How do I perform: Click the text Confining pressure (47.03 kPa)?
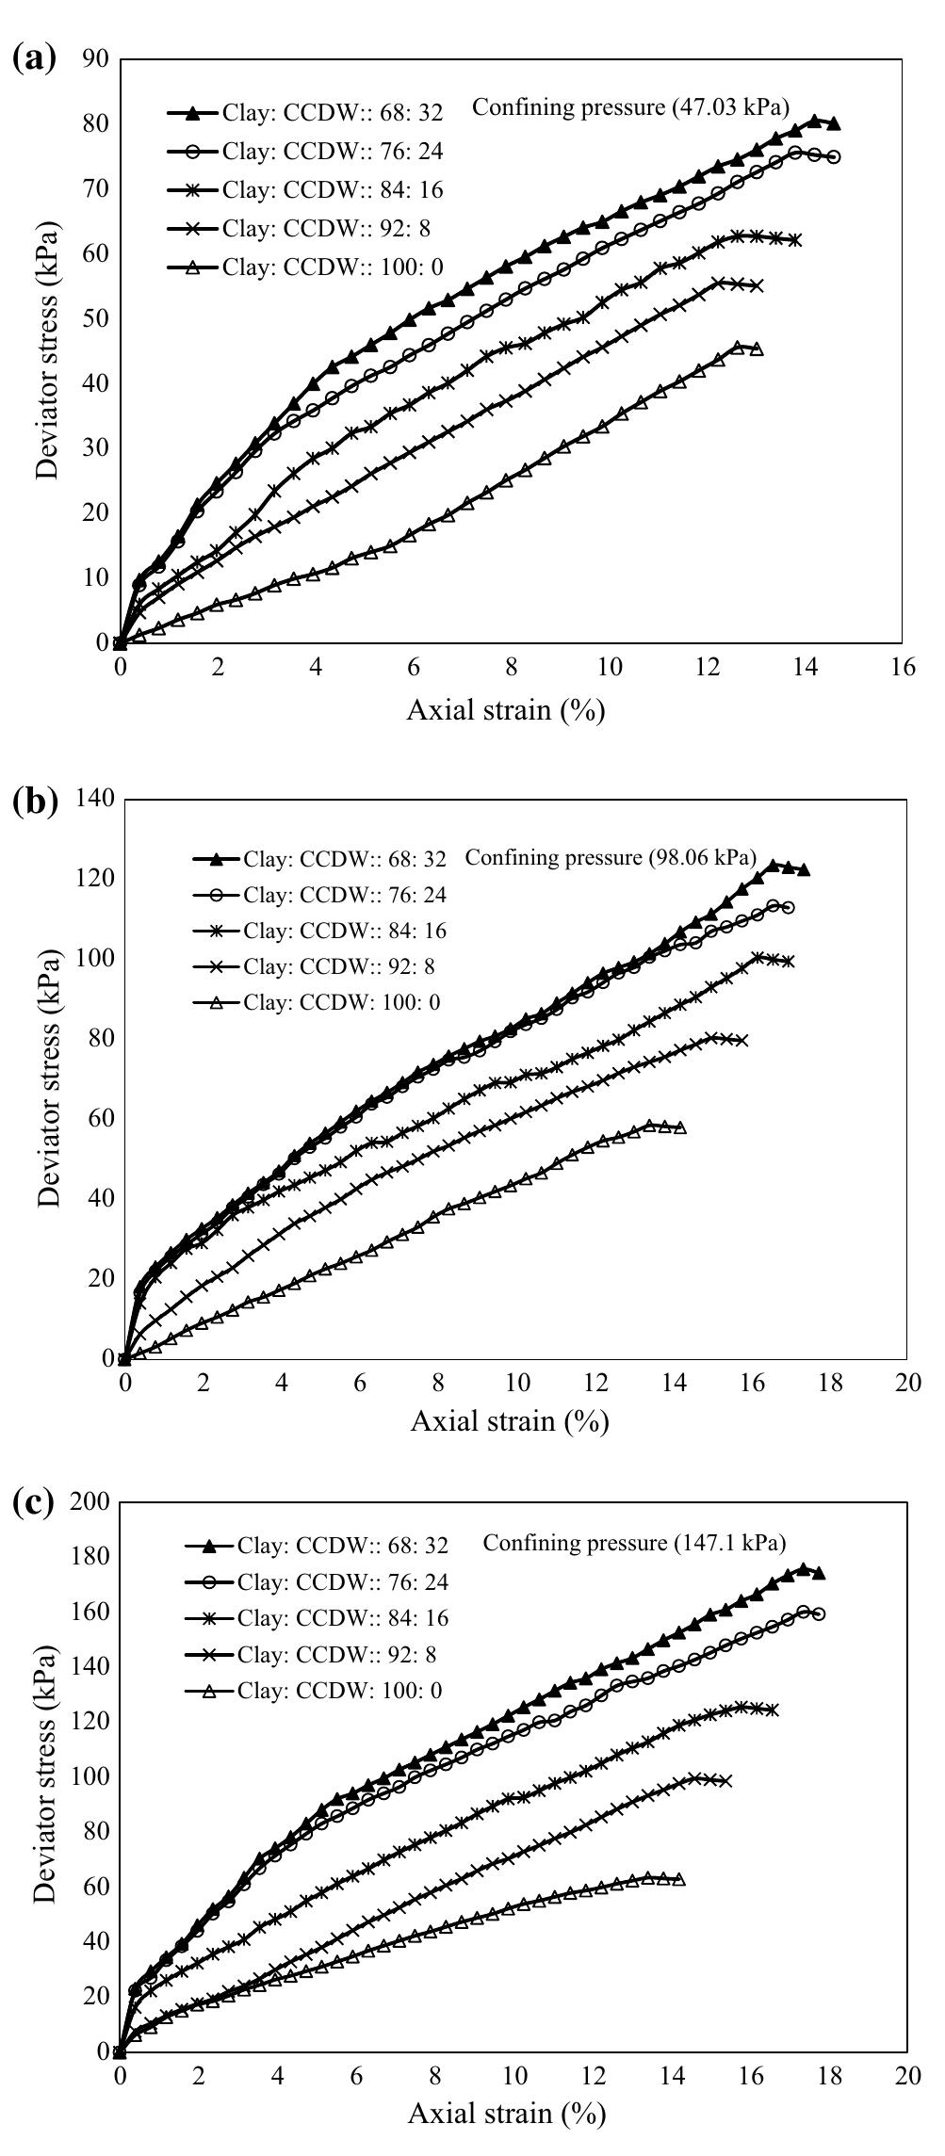pos(630,106)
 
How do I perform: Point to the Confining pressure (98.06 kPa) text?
pos(611,857)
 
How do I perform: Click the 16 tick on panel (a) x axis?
pos(902,668)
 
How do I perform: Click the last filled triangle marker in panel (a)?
pos(833,124)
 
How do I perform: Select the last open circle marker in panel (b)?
pos(788,907)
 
